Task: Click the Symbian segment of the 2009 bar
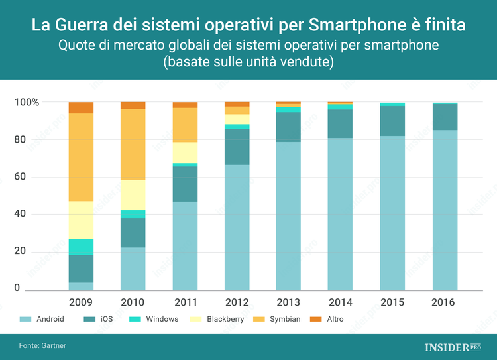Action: pyautogui.click(x=81, y=157)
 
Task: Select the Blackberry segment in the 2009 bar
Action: pyautogui.click(x=81, y=219)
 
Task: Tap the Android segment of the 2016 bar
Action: pyautogui.click(x=444, y=210)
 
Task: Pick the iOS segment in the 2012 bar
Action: pyautogui.click(x=237, y=147)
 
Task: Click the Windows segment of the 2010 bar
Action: pyautogui.click(x=133, y=214)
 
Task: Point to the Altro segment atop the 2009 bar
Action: pyautogui.click(x=81, y=107)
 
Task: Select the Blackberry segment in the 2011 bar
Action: pyautogui.click(x=185, y=152)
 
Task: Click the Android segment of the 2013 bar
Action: pyautogui.click(x=288, y=216)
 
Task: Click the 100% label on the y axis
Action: pyautogui.click(x=27, y=103)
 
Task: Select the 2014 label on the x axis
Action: pyautogui.click(x=340, y=302)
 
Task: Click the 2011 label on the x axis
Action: pyautogui.click(x=185, y=302)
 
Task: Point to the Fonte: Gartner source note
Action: pyautogui.click(x=42, y=345)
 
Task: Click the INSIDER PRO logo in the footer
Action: pyautogui.click(x=453, y=347)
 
